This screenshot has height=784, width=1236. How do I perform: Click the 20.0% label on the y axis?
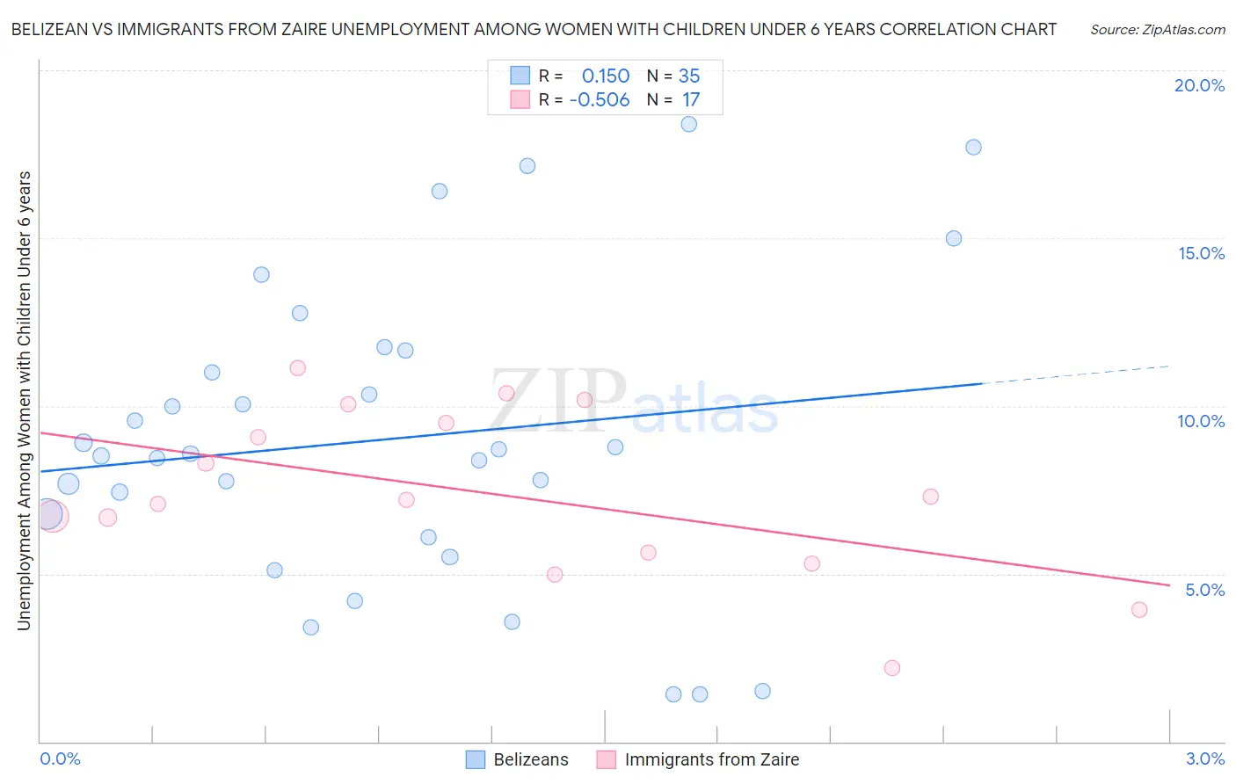point(1199,85)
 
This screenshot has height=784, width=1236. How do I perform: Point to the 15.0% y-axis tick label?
point(1201,253)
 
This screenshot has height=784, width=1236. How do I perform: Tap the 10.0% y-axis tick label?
point(1201,421)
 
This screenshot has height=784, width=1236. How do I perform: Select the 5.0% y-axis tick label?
point(1204,590)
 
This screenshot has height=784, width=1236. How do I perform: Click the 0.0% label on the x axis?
point(60,759)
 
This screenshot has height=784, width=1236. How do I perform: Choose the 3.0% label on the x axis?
point(1204,759)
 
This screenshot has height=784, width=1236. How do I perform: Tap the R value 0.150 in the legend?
point(606,76)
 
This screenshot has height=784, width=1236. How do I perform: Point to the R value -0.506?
point(600,100)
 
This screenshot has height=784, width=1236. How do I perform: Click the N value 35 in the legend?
point(689,76)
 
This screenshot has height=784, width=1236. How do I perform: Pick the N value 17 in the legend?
point(691,100)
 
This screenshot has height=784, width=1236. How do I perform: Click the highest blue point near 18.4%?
point(689,124)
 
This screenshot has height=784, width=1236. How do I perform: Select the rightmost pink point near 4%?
point(1139,610)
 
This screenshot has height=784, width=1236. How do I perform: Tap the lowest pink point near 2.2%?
point(892,668)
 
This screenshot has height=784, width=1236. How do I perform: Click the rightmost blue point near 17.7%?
point(973,147)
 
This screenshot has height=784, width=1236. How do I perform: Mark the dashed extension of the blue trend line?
point(1077,374)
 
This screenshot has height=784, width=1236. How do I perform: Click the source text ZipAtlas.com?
point(1158,30)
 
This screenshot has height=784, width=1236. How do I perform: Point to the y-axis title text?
point(24,400)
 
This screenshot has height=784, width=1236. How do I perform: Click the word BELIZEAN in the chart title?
point(49,29)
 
